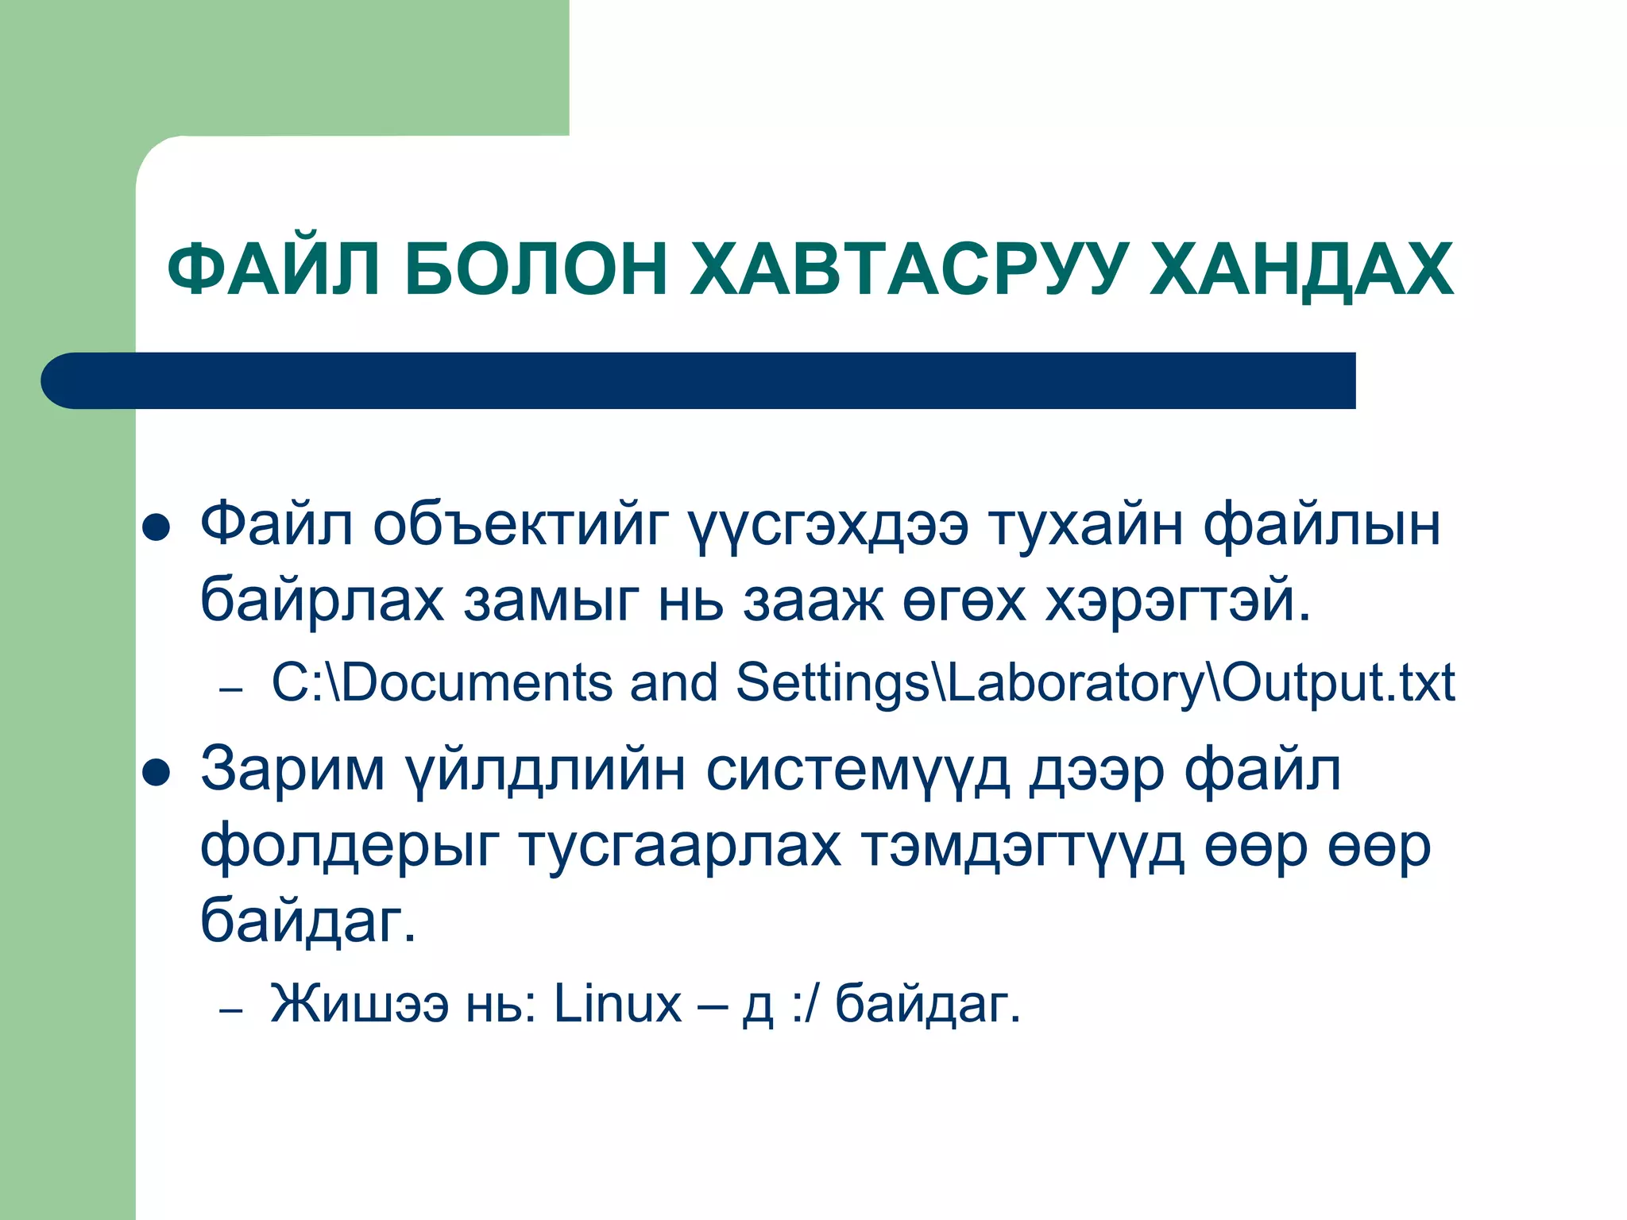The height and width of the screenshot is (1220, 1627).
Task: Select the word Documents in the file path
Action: pos(477,682)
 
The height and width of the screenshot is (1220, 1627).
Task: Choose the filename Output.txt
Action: pos(1339,682)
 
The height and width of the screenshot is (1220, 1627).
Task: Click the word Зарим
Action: pos(292,769)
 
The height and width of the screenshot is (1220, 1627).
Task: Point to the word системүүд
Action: pos(858,769)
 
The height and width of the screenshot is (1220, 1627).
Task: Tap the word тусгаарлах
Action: pos(680,846)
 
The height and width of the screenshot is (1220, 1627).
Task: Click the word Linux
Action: pos(617,1003)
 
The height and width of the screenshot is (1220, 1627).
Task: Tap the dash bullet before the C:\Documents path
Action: pos(230,689)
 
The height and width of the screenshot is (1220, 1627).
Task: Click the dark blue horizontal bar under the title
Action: pos(699,380)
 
